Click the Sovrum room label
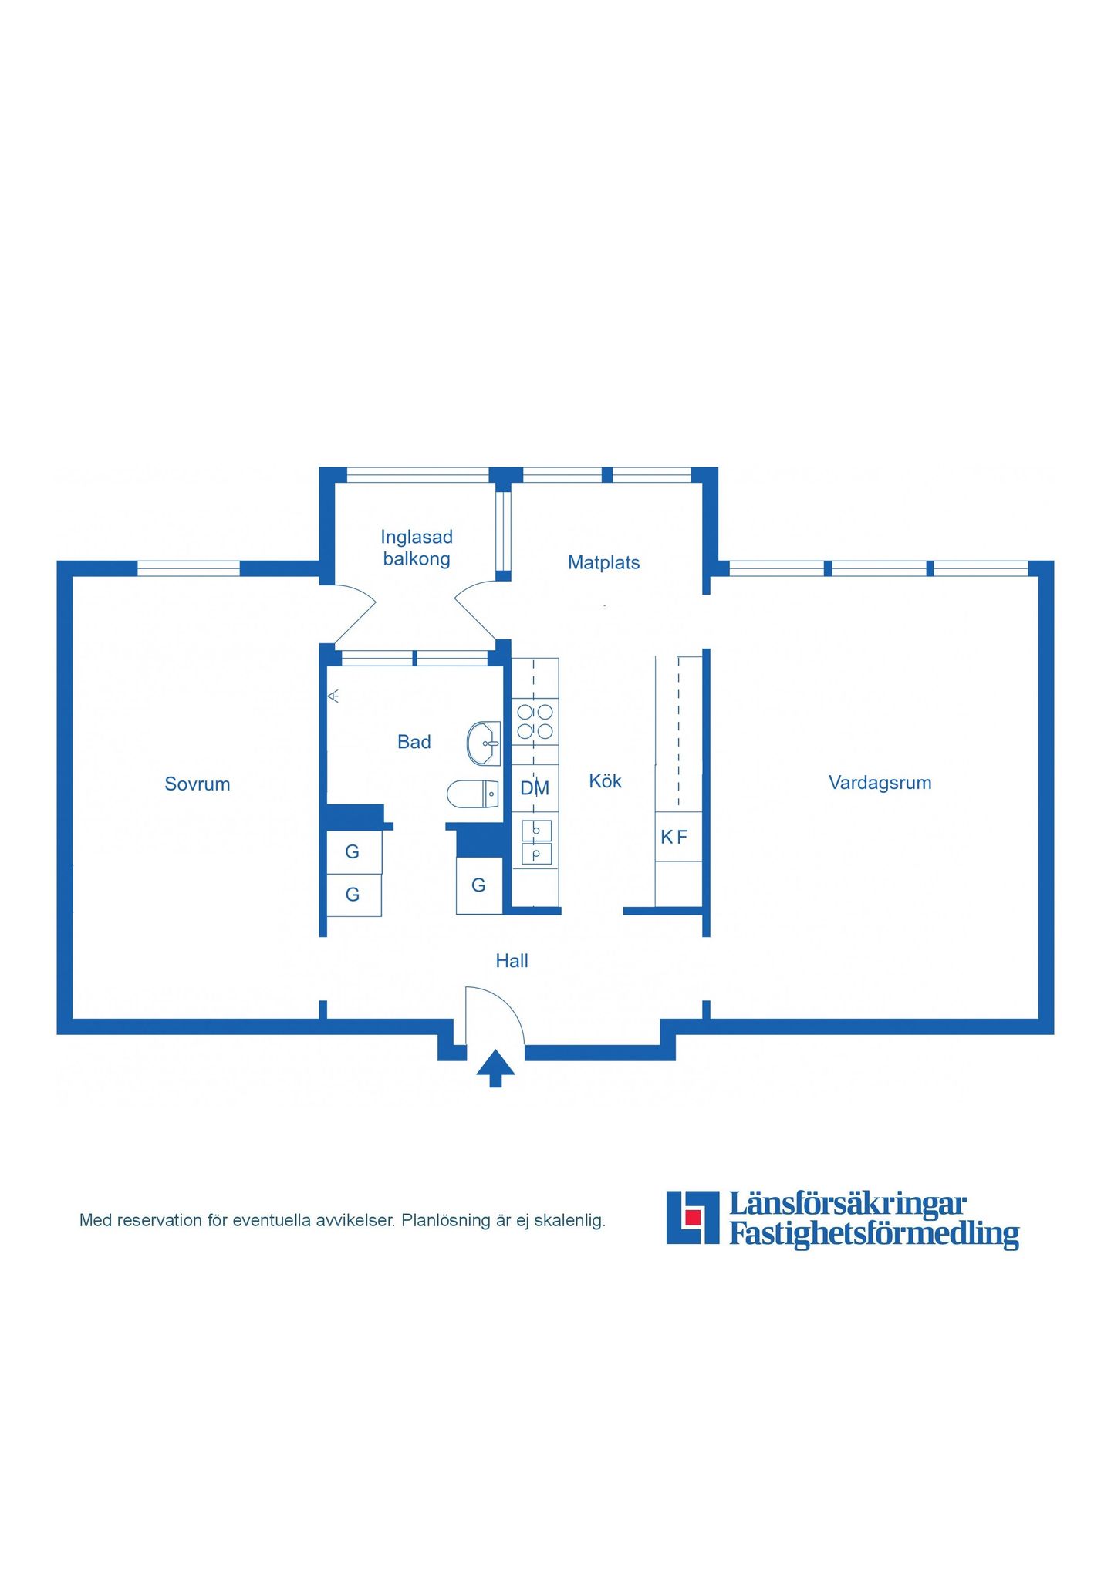tap(198, 784)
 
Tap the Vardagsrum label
tap(880, 783)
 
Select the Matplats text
tap(603, 562)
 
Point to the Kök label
tap(605, 780)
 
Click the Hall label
tap(512, 960)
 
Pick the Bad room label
tap(414, 742)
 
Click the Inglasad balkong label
tap(417, 548)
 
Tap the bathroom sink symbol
tap(484, 743)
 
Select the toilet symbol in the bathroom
tap(473, 794)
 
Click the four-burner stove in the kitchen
tap(535, 721)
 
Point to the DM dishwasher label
tap(535, 788)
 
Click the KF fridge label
tap(674, 837)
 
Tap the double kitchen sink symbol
tap(536, 842)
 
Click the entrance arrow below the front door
tap(495, 1068)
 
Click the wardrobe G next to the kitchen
tap(478, 885)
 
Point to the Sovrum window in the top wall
tap(188, 568)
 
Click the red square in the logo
tap(693, 1217)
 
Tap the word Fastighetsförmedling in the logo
tap(874, 1233)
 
